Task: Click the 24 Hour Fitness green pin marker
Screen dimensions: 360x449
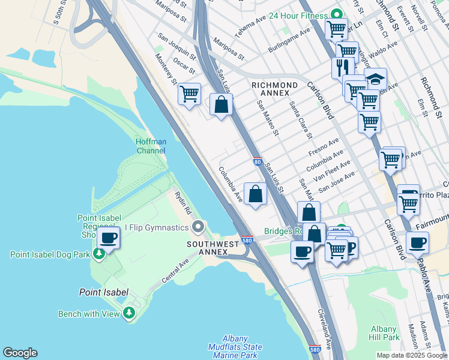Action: click(x=337, y=15)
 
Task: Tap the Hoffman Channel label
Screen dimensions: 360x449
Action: click(x=150, y=146)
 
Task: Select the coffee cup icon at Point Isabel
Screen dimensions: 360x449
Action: click(x=109, y=238)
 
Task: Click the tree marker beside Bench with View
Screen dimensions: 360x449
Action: click(x=128, y=313)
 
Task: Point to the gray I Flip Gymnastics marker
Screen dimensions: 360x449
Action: click(x=198, y=226)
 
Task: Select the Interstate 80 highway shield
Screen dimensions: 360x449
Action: click(x=257, y=161)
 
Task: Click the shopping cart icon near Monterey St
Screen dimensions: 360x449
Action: click(x=189, y=94)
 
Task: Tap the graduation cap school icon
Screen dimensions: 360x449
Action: click(x=375, y=79)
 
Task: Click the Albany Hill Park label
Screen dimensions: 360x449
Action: click(x=384, y=333)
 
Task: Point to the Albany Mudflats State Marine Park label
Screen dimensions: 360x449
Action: click(x=235, y=347)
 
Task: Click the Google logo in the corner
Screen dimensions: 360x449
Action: click(x=20, y=353)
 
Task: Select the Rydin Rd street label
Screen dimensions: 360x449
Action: click(x=183, y=203)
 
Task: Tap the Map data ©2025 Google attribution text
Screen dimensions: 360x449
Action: click(x=412, y=355)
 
